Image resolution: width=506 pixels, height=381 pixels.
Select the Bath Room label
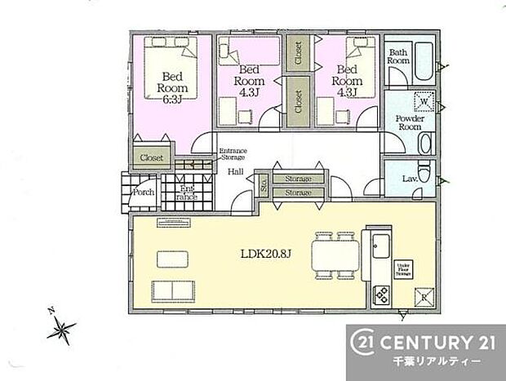pos(397,55)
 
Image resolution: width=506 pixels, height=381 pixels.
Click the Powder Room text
pos(408,122)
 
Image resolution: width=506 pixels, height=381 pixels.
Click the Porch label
pos(144,193)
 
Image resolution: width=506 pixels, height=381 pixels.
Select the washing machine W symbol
pos(423,102)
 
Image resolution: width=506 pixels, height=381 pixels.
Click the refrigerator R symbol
pos(424,296)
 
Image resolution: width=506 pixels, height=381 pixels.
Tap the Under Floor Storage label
pos(402,268)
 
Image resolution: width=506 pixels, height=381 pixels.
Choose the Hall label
pos(235,171)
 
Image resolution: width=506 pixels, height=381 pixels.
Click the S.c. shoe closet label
pos(263,185)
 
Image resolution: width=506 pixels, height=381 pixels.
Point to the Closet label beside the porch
pos(151,157)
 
